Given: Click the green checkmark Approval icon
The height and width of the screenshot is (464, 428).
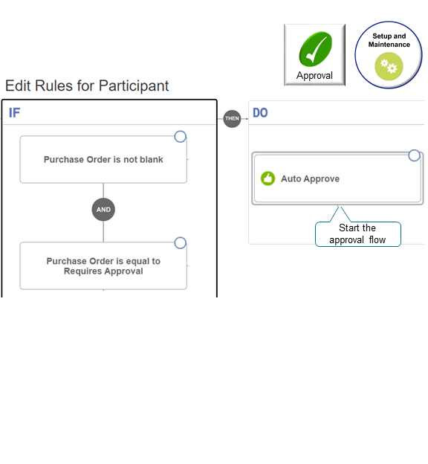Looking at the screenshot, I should pyautogui.click(x=315, y=50).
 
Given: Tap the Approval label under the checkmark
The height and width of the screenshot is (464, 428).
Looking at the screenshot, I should pyautogui.click(x=314, y=75).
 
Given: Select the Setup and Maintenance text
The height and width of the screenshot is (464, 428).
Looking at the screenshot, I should pyautogui.click(x=389, y=40).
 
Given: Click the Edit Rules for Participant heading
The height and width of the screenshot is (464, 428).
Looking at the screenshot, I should pyautogui.click(x=87, y=86).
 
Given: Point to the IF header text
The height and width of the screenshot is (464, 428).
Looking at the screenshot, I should pyautogui.click(x=15, y=113).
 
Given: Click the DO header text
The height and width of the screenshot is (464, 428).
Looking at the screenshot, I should pyautogui.click(x=260, y=113).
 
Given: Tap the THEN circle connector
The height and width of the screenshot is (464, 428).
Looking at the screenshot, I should pyautogui.click(x=233, y=118).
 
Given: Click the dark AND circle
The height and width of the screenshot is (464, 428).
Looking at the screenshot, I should pyautogui.click(x=103, y=210).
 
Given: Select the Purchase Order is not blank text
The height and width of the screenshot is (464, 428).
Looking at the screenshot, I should pyautogui.click(x=103, y=159).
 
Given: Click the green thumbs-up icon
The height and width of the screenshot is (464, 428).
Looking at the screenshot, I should pyautogui.click(x=268, y=178).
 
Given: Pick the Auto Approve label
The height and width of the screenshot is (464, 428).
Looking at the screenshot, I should pyautogui.click(x=310, y=179).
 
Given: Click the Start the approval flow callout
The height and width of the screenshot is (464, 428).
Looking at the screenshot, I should pyautogui.click(x=357, y=233).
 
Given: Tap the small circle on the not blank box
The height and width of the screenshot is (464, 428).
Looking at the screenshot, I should pyautogui.click(x=180, y=136).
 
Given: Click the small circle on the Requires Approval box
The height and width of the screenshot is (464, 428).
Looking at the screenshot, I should pyautogui.click(x=180, y=243).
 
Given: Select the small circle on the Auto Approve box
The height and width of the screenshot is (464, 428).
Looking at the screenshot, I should pyautogui.click(x=414, y=155).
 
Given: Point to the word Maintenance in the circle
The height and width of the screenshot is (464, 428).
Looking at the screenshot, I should pyautogui.click(x=389, y=45).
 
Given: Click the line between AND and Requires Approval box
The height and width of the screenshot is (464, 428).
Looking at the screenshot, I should pyautogui.click(x=103, y=231).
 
